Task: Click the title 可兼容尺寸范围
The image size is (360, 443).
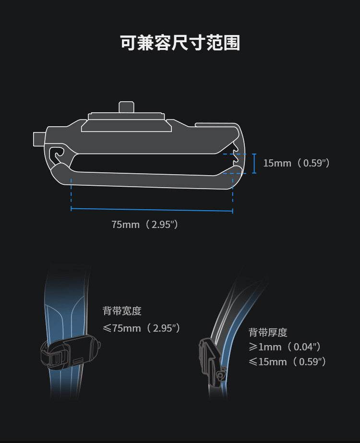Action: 180,43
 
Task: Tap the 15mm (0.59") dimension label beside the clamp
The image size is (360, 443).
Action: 296,163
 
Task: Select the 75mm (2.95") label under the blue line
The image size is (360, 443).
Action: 145,224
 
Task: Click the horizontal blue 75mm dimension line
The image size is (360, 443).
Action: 152,209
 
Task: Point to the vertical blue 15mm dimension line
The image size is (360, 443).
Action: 254,164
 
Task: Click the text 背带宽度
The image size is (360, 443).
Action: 122,311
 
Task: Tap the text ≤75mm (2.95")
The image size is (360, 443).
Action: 141,328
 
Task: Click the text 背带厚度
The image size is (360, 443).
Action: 268,332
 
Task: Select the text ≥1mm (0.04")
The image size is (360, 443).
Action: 284,347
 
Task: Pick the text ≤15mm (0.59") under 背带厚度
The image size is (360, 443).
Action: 287,361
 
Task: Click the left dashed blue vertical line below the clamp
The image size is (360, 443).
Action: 71,192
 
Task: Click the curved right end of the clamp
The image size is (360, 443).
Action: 242,154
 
